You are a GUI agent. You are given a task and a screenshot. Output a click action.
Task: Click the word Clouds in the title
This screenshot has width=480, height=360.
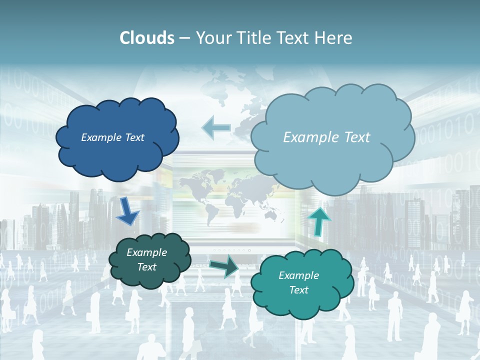click(x=146, y=38)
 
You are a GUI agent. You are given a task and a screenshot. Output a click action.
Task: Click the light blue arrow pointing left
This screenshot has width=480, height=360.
click(x=216, y=128)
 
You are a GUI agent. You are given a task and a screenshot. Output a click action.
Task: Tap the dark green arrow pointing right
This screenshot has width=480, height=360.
click(x=223, y=266)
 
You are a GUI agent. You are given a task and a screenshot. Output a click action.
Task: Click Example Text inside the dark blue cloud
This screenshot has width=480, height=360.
click(x=112, y=137)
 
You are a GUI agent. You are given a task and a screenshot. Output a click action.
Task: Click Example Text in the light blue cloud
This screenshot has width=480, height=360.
click(x=326, y=137)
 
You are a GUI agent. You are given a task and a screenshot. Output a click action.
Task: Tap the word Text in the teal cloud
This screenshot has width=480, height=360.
click(x=299, y=290)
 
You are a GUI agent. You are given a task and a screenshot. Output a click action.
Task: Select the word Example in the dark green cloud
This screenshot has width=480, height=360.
click(x=147, y=252)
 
